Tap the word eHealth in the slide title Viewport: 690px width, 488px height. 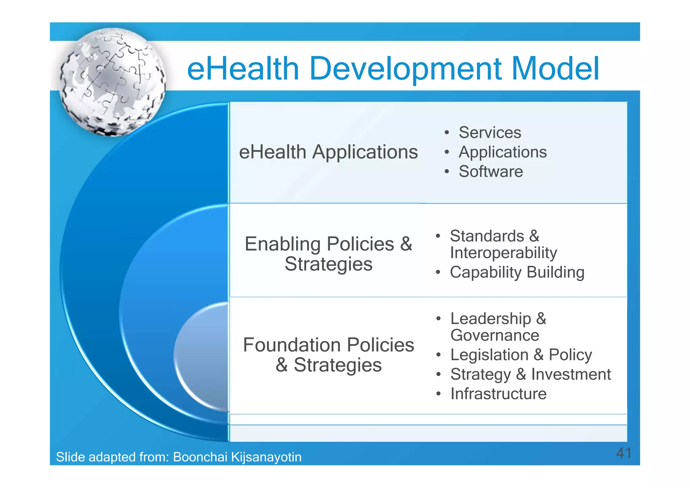pyautogui.click(x=243, y=69)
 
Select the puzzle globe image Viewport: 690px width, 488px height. pyautogui.click(x=113, y=82)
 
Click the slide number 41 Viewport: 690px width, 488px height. pyautogui.click(x=623, y=453)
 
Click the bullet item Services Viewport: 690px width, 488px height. pyautogui.click(x=490, y=132)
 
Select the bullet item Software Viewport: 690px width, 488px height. pyautogui.click(x=491, y=172)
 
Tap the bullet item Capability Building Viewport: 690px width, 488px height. pyautogui.click(x=517, y=272)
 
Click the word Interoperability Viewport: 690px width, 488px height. pyautogui.click(x=503, y=253)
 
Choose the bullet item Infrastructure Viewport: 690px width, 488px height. pyautogui.click(x=498, y=394)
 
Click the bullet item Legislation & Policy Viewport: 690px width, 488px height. pyautogui.click(x=521, y=355)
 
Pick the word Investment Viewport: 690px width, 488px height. pyautogui.click(x=571, y=374)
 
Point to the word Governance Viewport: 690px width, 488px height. pyautogui.click(x=495, y=335)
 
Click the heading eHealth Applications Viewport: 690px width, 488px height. pyautogui.click(x=328, y=152)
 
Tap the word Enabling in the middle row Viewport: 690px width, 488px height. pyautogui.click(x=282, y=244)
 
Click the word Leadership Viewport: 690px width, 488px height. pyautogui.click(x=491, y=318)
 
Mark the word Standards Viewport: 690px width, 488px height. pyautogui.click(x=487, y=236)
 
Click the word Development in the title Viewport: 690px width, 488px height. pyautogui.click(x=405, y=69)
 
